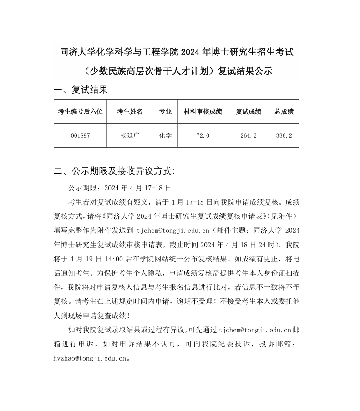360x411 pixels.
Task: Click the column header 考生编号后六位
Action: tap(81, 111)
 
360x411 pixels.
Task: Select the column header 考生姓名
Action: tap(130, 111)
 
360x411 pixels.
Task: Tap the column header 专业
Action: tap(165, 111)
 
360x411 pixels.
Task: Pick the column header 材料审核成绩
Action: tap(203, 111)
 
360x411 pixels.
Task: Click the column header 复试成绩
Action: tap(248, 111)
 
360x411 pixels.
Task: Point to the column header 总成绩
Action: tap(284, 111)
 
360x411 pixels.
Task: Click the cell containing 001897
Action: tap(81, 135)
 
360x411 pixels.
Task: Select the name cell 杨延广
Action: tap(130, 135)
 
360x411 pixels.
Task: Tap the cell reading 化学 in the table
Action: tap(165, 135)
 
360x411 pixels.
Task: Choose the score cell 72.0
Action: tap(203, 135)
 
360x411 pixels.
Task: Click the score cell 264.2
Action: tap(248, 135)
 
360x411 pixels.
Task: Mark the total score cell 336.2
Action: tap(284, 135)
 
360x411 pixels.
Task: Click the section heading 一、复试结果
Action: tap(81, 90)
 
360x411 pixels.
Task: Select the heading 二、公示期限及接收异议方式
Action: tap(114, 171)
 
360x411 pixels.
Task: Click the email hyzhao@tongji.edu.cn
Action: tap(90, 358)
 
